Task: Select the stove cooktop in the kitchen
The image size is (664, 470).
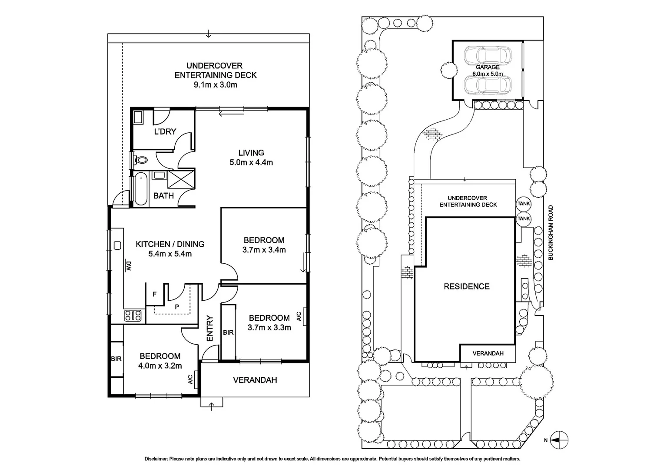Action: [133, 315]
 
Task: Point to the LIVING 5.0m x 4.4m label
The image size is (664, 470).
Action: [251, 158]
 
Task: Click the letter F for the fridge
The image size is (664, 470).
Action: [154, 294]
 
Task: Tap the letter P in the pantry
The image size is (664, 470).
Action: [177, 306]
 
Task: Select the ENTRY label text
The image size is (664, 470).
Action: [210, 328]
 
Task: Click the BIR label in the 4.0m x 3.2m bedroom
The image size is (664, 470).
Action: [116, 359]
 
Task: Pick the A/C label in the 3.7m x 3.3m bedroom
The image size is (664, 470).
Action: [299, 316]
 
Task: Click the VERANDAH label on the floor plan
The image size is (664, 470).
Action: [255, 380]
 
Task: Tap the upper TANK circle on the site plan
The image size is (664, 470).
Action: [524, 204]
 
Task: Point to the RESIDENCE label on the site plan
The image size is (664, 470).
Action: [466, 286]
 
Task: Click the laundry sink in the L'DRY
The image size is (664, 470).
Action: [139, 117]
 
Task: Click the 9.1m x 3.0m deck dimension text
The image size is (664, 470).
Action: [216, 84]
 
